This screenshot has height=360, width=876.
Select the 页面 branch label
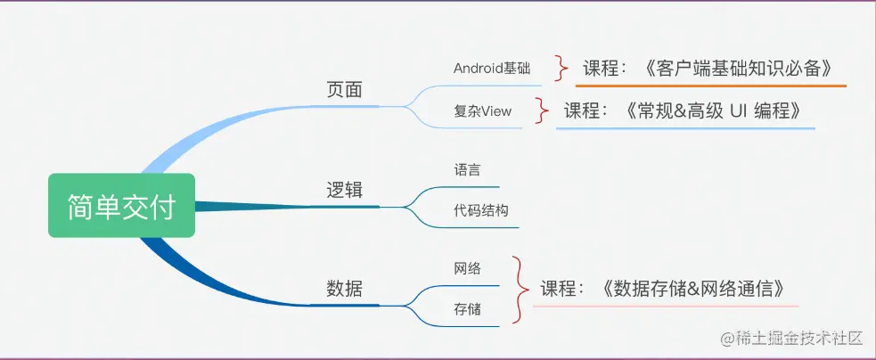(x=345, y=90)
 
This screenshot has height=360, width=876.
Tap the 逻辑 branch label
(x=345, y=191)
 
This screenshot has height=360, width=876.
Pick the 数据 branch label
(x=344, y=289)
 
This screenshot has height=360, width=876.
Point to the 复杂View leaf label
(x=483, y=111)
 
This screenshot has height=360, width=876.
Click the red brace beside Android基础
(x=561, y=67)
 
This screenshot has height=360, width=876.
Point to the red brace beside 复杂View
(x=541, y=110)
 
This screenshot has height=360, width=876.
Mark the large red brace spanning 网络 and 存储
(x=518, y=288)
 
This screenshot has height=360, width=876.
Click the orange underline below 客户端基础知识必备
(x=709, y=86)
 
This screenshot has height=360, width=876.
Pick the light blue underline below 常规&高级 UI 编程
(x=685, y=129)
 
